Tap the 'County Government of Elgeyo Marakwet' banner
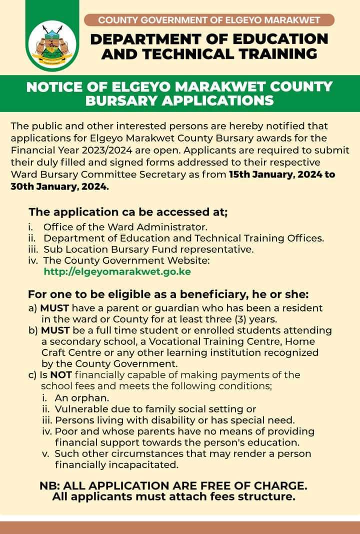pos(209,20)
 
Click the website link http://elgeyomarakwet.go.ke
pos(117,272)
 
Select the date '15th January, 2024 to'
pos(281,175)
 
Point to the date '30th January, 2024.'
pos(59,186)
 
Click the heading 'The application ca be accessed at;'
pos(128,212)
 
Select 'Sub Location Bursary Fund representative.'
pos(148,249)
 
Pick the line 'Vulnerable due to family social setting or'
pos(155,409)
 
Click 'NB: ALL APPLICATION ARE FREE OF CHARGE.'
pos(173,485)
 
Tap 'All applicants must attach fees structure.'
pos(173,497)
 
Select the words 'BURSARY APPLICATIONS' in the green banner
pos(179,100)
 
